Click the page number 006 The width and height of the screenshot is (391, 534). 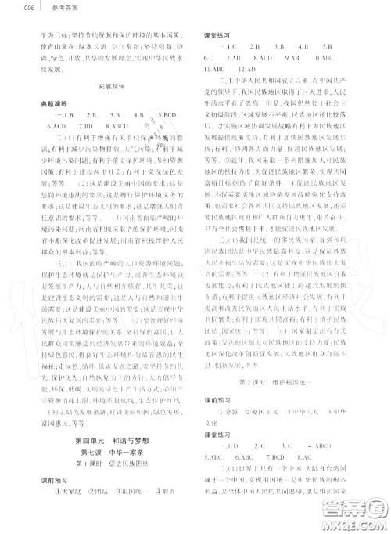coord(9,9)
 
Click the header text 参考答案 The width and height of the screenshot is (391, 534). coord(37,9)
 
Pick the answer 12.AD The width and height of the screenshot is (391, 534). coord(240,68)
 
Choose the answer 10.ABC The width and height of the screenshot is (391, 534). coord(344,57)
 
